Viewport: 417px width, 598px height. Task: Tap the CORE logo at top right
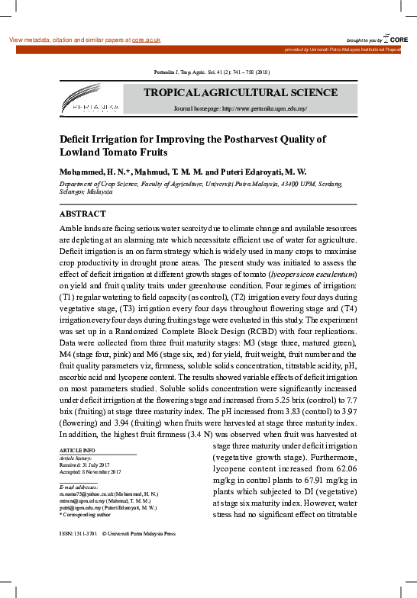coord(393,38)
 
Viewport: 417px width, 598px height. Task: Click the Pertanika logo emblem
coord(89,99)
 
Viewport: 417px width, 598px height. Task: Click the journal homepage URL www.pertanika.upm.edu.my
coord(263,109)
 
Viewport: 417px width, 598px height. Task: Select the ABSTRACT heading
coord(82,214)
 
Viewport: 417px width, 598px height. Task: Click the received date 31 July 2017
coord(98,465)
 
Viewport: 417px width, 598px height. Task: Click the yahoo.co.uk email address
coord(92,494)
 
